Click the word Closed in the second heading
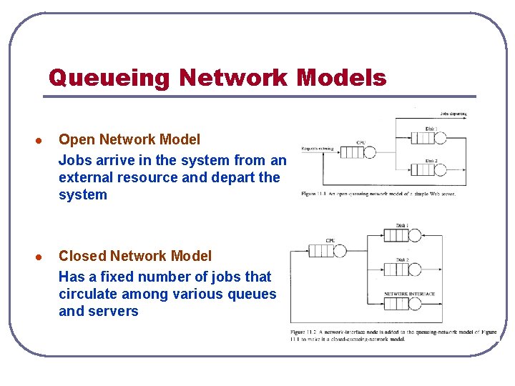point(83,256)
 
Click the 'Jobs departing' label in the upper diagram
point(453,113)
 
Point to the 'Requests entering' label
point(318,149)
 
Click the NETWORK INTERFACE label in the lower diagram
point(410,294)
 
